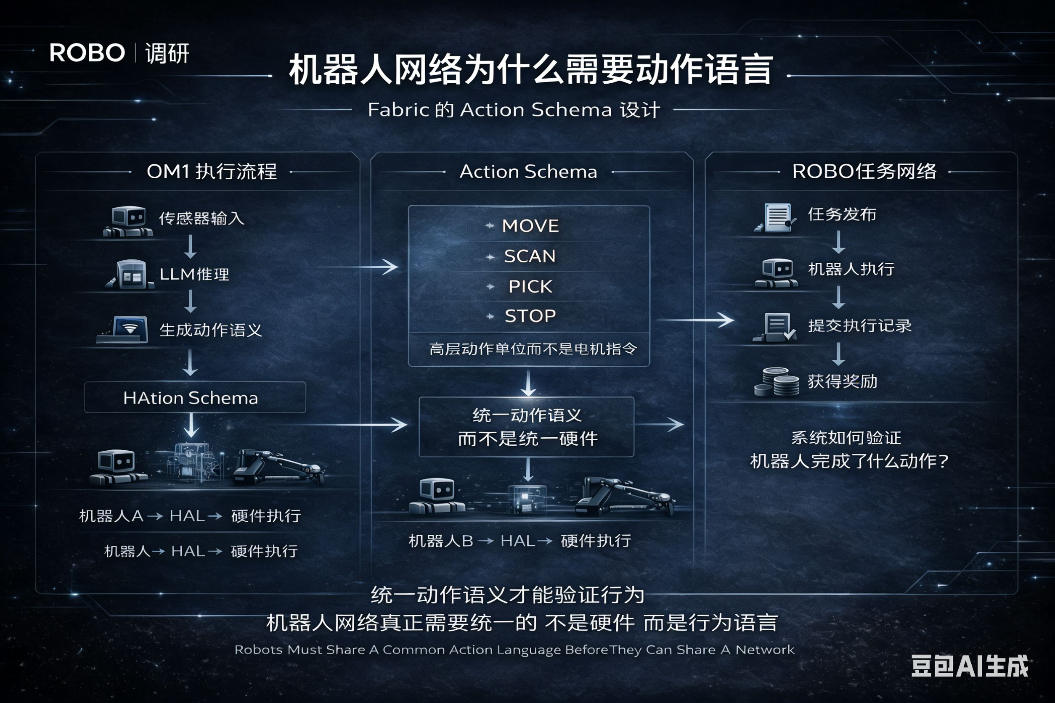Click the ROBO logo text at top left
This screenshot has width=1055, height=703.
tap(87, 53)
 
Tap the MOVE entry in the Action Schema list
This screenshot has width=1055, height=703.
tap(530, 225)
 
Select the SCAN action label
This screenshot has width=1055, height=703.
tap(530, 256)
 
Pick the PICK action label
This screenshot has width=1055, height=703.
tap(530, 286)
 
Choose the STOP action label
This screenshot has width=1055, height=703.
tap(530, 316)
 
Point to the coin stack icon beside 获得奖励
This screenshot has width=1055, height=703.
tap(777, 382)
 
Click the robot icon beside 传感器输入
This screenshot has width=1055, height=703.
tap(128, 221)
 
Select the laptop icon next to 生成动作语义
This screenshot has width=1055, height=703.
tap(124, 330)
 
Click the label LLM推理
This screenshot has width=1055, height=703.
tap(194, 274)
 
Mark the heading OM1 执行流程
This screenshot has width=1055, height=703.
tap(212, 171)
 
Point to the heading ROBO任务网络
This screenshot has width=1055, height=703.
tap(864, 171)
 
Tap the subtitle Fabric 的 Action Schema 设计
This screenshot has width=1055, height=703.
tap(514, 110)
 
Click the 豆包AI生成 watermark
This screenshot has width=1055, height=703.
tap(969, 666)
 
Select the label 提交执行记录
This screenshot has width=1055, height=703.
tap(859, 325)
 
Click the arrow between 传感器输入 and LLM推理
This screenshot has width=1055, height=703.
tap(191, 246)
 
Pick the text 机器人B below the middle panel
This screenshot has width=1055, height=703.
tap(440, 541)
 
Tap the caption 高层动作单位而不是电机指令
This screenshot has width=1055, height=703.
tap(533, 349)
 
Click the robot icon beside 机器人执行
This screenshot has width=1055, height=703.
tap(777, 272)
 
